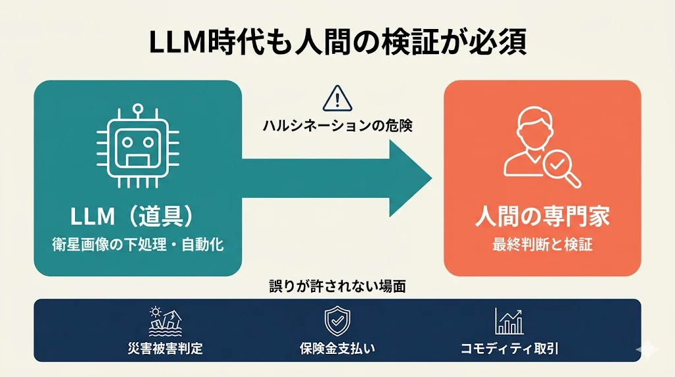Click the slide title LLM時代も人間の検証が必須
coord(337,42)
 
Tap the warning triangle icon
coord(337,99)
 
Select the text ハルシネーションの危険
coord(337,126)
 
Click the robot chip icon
coord(138,146)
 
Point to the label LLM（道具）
coord(132,216)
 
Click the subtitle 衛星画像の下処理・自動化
coord(138,245)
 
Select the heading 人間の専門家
coord(543,216)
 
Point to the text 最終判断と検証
coord(543,245)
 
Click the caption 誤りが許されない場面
coord(337,286)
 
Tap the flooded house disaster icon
coord(165,321)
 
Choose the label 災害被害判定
coord(165,348)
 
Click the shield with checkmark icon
coord(337,321)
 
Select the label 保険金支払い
coord(337,348)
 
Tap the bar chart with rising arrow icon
coord(509,321)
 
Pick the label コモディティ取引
coord(510,348)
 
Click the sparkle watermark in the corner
coord(647,350)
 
